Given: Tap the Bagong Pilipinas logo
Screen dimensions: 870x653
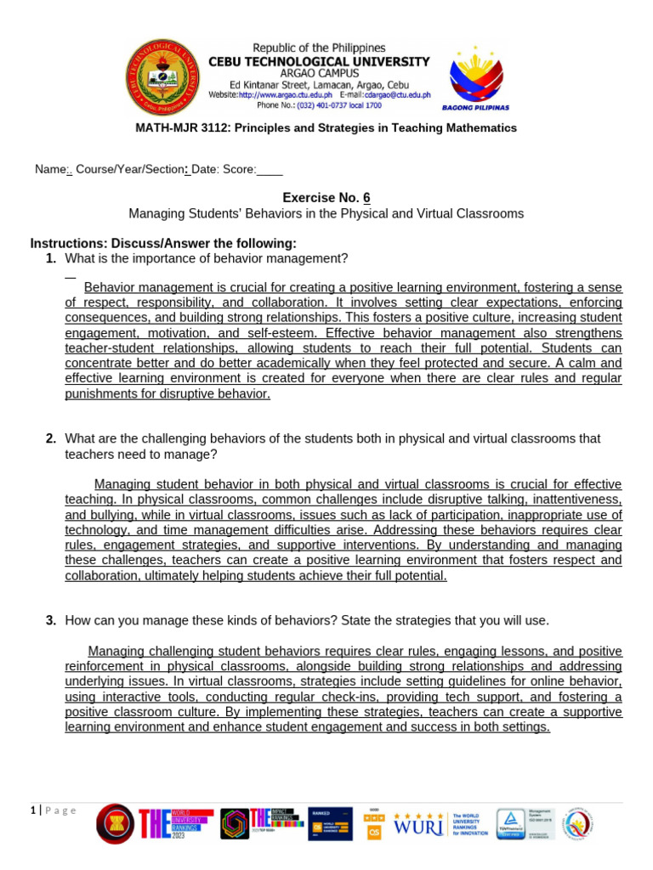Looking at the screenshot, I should point(475,77).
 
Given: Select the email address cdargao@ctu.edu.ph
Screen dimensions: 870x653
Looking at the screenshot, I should point(398,95).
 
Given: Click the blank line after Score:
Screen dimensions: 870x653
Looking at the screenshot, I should point(270,170).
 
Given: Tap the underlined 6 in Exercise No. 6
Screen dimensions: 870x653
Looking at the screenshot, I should point(366,198).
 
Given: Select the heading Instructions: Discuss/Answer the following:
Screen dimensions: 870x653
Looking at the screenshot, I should point(163,244).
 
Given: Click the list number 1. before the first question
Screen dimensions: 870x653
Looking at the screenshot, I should point(51,258).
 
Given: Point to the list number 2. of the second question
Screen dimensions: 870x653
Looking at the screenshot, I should point(51,438).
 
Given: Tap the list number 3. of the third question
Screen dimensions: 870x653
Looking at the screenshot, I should point(51,620).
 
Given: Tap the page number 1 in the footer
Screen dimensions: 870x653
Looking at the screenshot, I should point(33,811).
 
